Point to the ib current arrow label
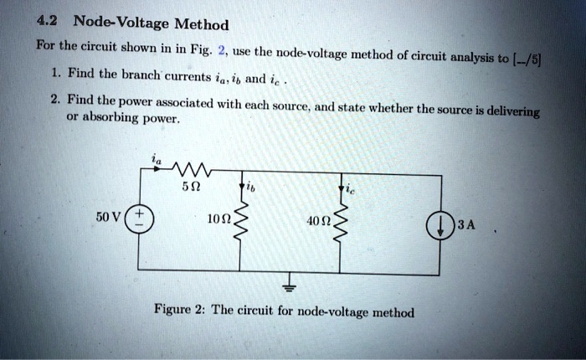(x=247, y=188)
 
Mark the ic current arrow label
(x=344, y=189)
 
